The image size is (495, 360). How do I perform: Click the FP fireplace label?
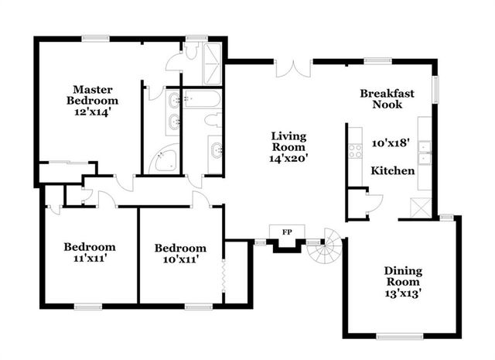tap(287, 231)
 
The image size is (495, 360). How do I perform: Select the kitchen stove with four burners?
tap(355, 150)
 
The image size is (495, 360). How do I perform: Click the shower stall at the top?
tap(211, 63)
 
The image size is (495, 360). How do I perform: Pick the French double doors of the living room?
tap(292, 68)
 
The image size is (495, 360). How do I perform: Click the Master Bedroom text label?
tap(92, 94)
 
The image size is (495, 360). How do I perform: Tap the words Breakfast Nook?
tap(387, 98)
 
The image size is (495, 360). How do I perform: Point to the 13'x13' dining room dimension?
tap(403, 293)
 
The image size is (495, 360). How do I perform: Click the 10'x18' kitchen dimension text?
tap(390, 143)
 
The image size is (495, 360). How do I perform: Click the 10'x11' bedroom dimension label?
tap(179, 259)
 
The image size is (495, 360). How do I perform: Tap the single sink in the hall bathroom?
tap(216, 149)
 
